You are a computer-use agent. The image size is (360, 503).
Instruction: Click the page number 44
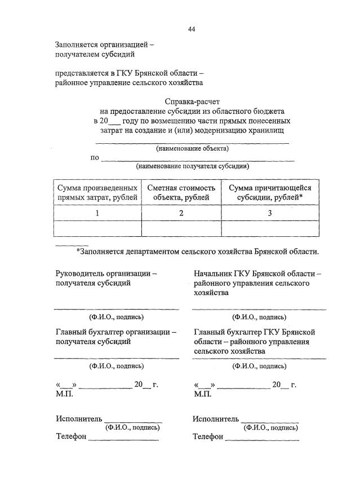[x=192, y=29]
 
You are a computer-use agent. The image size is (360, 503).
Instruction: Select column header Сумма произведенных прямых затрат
[x=97, y=192]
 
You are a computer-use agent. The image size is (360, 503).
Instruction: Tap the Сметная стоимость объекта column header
[x=181, y=192]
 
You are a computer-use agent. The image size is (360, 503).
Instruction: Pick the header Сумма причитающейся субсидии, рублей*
[x=270, y=192]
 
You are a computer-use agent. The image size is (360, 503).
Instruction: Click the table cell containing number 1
[x=97, y=213]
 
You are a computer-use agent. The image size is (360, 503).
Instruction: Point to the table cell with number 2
[x=181, y=213]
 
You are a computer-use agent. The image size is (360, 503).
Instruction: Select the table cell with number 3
[x=270, y=213]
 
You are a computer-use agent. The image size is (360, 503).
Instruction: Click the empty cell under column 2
[x=181, y=228]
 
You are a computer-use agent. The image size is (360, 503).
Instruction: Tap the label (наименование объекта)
[x=192, y=149]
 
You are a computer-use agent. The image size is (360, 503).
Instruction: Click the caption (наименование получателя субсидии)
[x=192, y=166]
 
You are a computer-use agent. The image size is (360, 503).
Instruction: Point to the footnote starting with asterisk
[x=197, y=251]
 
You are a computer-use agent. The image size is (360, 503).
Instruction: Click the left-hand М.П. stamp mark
[x=64, y=394]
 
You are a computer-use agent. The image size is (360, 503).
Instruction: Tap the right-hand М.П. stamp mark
[x=202, y=394]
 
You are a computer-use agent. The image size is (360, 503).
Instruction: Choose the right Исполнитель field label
[x=216, y=419]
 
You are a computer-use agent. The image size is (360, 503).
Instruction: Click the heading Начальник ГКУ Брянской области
[x=257, y=273]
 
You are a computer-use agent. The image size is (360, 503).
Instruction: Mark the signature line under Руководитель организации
[x=117, y=308]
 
